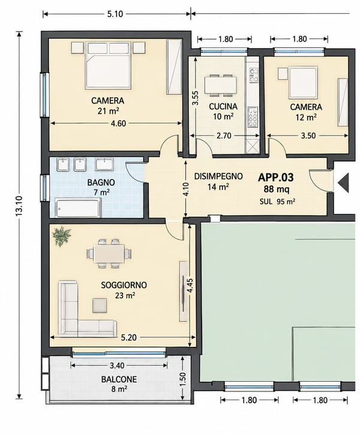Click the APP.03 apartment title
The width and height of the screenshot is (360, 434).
coord(275,178)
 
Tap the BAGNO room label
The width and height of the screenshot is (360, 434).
coord(101,182)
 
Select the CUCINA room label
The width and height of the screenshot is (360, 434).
coord(223,106)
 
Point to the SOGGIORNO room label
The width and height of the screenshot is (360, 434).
coord(124,285)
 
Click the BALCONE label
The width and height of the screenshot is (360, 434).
coord(119,379)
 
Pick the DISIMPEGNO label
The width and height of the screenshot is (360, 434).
coord(218,176)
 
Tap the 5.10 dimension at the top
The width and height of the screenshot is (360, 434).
coord(115,14)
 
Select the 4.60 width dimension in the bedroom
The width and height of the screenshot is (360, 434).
coord(118,124)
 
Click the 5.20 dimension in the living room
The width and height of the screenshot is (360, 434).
coord(129,337)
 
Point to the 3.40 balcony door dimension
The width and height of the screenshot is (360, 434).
coord(117,366)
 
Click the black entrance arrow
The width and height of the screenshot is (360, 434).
coord(343,182)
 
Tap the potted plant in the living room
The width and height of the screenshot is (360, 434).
coord(62,236)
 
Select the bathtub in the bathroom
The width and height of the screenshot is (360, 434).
coord(78,208)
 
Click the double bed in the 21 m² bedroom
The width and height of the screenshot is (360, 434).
coord(108,65)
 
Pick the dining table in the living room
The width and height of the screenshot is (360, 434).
coord(109,253)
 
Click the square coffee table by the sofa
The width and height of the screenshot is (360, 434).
coord(100,306)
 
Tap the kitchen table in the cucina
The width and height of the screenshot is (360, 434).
coord(221,85)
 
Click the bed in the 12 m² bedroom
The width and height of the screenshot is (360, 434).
coord(303,83)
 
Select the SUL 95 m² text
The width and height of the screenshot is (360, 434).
coord(277,202)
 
